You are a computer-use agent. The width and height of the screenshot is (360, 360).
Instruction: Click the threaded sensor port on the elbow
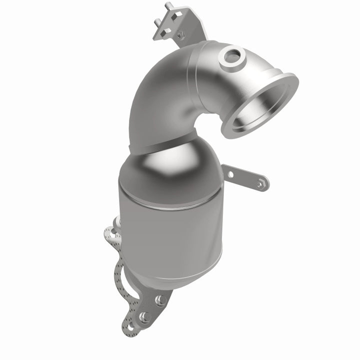click(x=231, y=56)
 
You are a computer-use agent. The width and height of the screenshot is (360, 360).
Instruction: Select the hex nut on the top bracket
click(x=180, y=35)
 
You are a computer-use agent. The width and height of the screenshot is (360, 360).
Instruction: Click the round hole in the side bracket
click(x=230, y=174)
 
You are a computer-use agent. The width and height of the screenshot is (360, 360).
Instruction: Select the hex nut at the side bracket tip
click(x=260, y=184)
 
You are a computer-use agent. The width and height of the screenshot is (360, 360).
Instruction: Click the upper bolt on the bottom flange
click(x=160, y=299)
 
